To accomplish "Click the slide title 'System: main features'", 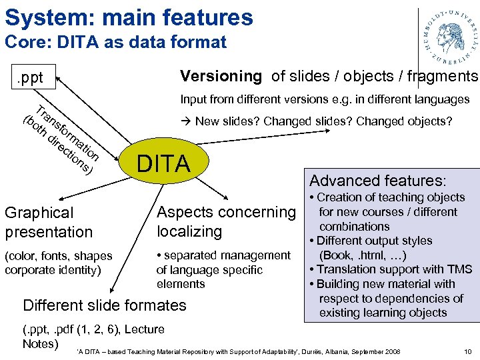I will pos(129,17).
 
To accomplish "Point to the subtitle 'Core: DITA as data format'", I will pos(115,43).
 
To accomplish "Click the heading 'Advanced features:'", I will pos(378,181).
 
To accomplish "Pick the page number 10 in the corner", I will pos(467,351).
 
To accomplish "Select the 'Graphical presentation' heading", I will pos(49,223).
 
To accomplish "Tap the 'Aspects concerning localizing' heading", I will pos(225,222).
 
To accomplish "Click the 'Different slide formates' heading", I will pos(105,305).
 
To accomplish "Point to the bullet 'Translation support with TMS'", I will pos(391,269).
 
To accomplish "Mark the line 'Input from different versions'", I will pos(325,100).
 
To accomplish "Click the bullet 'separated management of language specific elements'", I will pos(223,269).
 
